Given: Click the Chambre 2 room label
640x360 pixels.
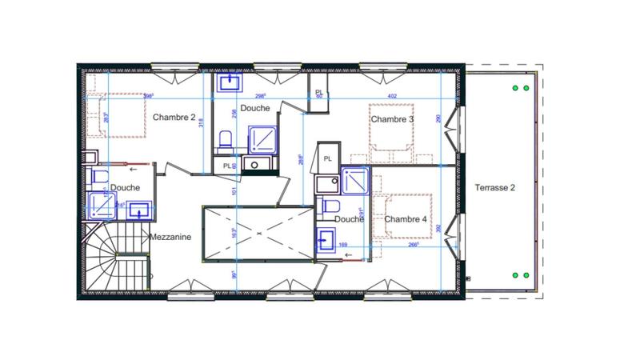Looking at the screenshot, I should (174, 117).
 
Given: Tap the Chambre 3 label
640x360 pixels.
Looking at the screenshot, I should (392, 119).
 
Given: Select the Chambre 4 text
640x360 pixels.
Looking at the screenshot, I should (405, 219).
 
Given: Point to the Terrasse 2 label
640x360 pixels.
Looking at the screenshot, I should (495, 188).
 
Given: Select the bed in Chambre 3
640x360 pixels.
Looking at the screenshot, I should (391, 135).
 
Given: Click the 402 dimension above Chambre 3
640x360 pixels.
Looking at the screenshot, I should (392, 96).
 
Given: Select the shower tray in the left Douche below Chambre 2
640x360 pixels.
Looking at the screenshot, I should (102, 206).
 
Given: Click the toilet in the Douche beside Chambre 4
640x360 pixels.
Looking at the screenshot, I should (330, 207).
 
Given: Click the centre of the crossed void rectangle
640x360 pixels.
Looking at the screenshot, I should (256, 232).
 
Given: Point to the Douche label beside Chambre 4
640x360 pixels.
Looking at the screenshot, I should (350, 219).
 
